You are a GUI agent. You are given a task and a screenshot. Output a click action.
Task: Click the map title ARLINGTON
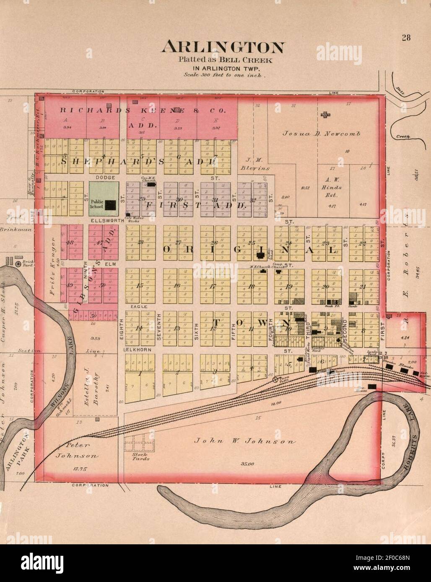[223, 47]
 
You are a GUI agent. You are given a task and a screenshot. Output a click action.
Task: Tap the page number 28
[406, 38]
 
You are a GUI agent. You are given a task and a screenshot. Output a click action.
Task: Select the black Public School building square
[110, 205]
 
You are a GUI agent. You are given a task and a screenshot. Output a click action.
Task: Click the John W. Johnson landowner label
[245, 441]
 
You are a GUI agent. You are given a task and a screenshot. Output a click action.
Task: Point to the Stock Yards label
[139, 456]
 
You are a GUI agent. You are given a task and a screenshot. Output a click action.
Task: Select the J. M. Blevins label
[255, 164]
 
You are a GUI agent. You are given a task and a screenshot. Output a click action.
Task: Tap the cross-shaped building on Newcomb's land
[325, 114]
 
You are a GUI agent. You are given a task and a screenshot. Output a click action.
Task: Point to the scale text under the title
[224, 76]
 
